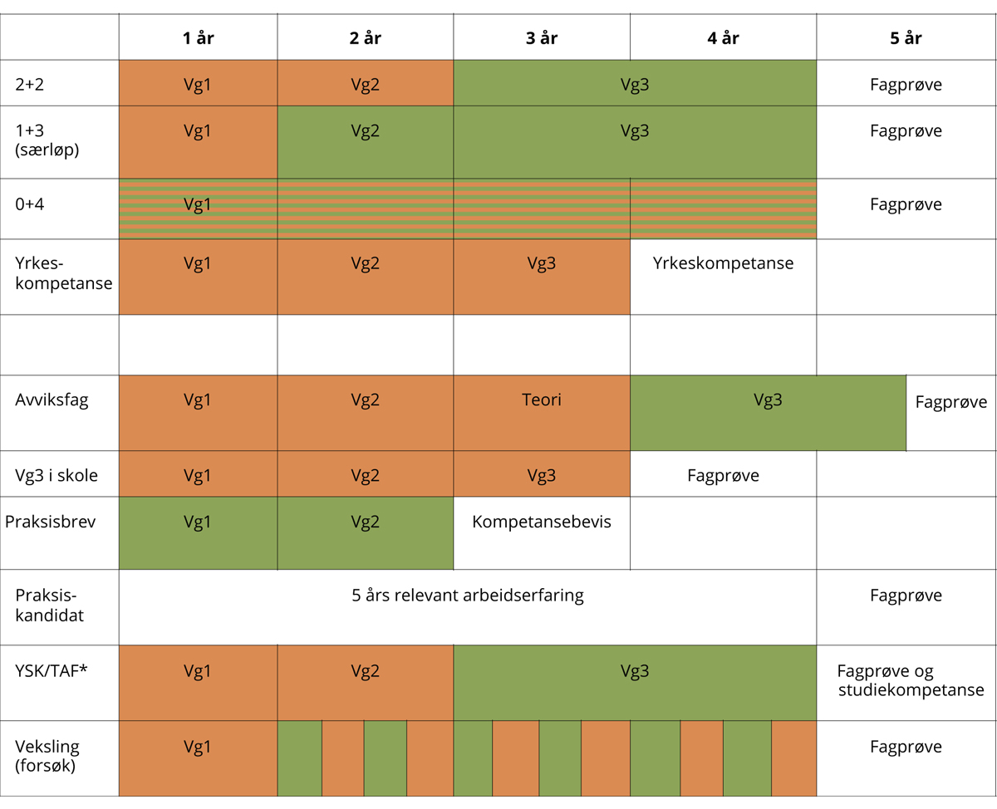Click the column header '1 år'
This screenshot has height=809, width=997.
pyautogui.click(x=198, y=38)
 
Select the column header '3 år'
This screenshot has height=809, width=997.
pyautogui.click(x=542, y=38)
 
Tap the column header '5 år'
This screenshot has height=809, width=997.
pyautogui.click(x=906, y=38)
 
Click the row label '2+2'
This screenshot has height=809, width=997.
pyautogui.click(x=31, y=84)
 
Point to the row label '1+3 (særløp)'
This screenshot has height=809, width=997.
pyautogui.click(x=47, y=140)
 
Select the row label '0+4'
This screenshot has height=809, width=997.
pyautogui.click(x=30, y=204)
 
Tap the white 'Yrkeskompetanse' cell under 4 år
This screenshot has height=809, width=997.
pyautogui.click(x=723, y=264)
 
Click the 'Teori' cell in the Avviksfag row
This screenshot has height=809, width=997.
pyautogui.click(x=542, y=400)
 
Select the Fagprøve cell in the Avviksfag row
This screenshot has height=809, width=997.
pyautogui.click(x=951, y=403)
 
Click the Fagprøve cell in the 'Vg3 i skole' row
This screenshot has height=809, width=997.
pyautogui.click(x=723, y=476)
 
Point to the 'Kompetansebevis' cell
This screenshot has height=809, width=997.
pyautogui.click(x=542, y=522)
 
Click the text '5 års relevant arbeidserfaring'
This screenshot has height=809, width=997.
pyautogui.click(x=468, y=596)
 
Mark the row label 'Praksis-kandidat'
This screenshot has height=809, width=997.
pyautogui.click(x=51, y=606)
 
